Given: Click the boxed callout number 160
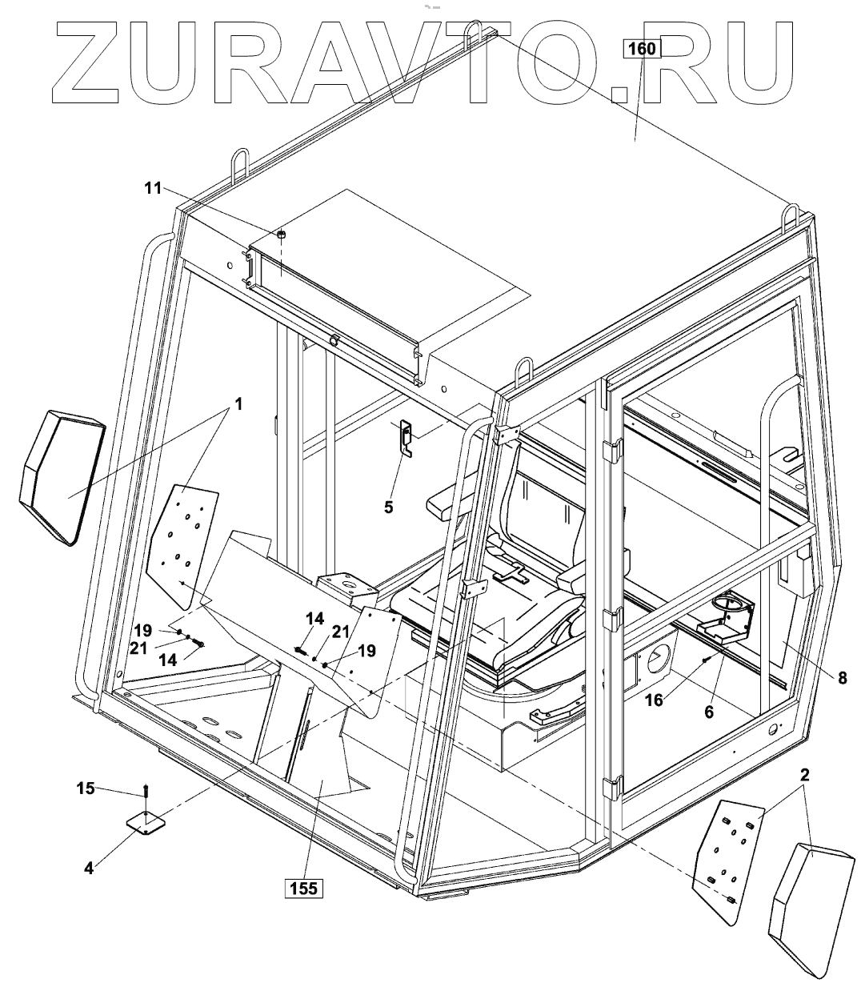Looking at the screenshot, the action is (x=642, y=49).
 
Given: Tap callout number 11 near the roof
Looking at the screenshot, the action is (x=153, y=188).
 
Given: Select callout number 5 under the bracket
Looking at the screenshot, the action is (x=389, y=507).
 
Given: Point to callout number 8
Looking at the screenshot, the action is (x=842, y=677).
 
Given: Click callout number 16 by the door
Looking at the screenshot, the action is (x=654, y=699).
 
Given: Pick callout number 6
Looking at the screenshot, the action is (x=709, y=710).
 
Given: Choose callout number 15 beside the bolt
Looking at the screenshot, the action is (x=85, y=788).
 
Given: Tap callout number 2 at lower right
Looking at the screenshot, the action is (x=805, y=775).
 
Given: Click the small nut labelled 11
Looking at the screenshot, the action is (x=282, y=234).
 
